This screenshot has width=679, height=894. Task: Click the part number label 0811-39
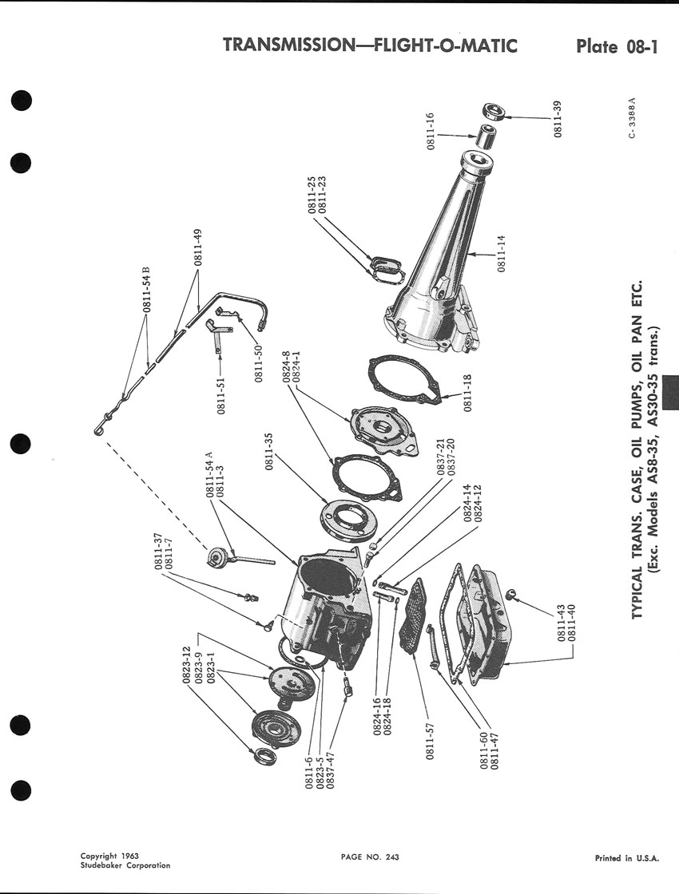point(558,119)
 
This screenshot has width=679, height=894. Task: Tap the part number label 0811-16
point(431,131)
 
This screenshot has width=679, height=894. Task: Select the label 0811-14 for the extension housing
point(502,254)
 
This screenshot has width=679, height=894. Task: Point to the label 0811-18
point(467,393)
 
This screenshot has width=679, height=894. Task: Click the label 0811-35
point(269,451)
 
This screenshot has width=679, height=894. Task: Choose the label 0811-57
point(431,741)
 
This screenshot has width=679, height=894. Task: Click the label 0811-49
point(198,247)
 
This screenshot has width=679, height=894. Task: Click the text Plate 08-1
point(617,46)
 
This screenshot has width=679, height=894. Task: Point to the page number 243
point(392,856)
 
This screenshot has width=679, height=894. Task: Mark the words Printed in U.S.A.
point(626,857)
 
